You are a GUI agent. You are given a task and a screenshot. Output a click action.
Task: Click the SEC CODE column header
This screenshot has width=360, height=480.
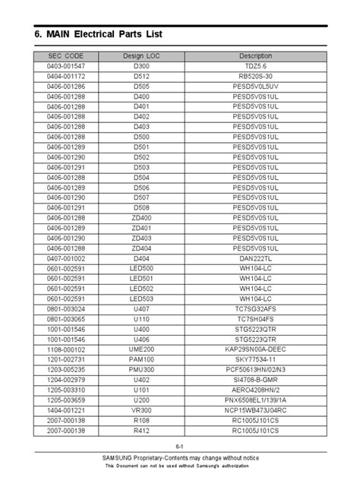click(x=66, y=57)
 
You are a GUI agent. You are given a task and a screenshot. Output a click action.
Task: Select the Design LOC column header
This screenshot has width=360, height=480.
click(x=141, y=57)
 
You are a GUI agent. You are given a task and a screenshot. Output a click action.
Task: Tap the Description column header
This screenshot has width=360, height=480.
click(x=255, y=57)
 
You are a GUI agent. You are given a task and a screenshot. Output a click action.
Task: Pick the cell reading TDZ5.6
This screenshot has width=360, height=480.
click(x=255, y=68)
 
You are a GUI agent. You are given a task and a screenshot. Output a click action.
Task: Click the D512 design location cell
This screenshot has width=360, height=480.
click(x=141, y=77)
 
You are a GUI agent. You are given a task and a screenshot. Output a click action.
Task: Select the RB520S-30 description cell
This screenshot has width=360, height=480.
click(x=255, y=77)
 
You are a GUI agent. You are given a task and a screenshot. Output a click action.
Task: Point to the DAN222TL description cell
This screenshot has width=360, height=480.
click(x=255, y=258)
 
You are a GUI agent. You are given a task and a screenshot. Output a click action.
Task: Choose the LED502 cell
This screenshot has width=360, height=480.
click(x=141, y=289)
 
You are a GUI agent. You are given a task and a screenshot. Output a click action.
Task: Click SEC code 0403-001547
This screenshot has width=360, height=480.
click(x=66, y=68)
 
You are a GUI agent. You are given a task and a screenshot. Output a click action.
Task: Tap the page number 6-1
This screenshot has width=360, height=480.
click(x=180, y=447)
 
